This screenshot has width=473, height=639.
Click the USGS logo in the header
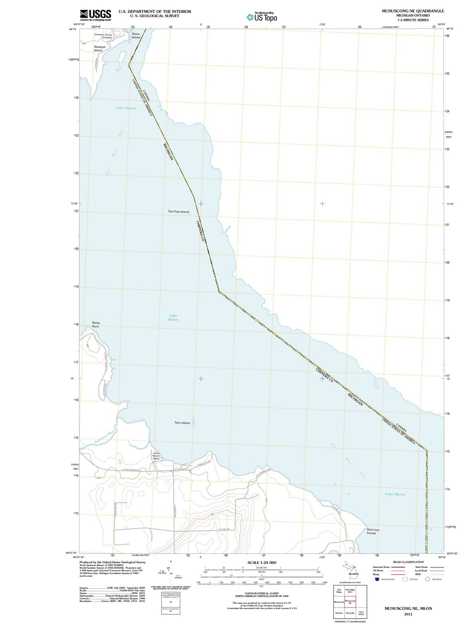tap(95, 15)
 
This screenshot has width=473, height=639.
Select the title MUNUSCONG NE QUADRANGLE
tap(413, 11)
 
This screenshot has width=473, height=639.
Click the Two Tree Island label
tap(178, 212)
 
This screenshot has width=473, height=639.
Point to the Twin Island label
tap(182, 423)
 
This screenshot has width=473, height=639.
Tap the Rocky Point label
tap(96, 324)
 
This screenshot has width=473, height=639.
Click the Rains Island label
tap(136, 36)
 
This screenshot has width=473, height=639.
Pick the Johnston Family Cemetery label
tap(103, 36)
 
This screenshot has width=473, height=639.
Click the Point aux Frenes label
tap(372, 531)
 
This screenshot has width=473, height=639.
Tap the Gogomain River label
tap(105, 437)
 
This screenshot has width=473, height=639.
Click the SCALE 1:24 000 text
tap(262, 562)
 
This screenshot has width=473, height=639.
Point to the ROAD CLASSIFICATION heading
tap(408, 562)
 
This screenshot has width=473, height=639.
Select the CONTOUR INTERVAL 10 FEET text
tap(261, 594)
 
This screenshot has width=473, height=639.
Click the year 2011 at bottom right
tap(408, 614)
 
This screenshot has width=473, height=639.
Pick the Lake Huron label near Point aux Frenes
tap(395, 494)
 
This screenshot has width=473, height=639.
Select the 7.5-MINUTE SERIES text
tap(413, 20)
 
